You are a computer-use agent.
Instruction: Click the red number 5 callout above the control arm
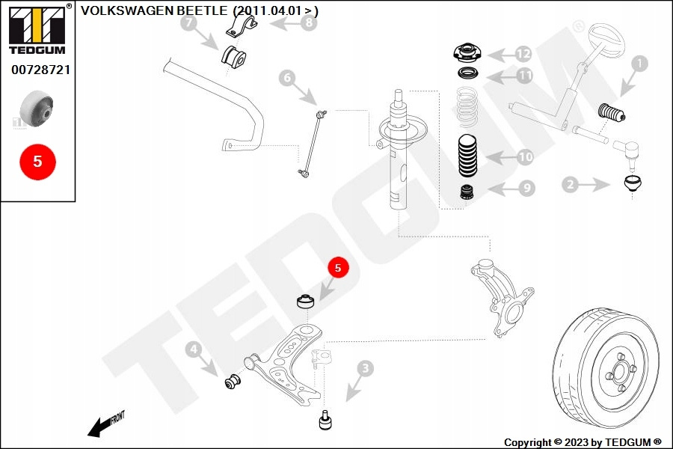(x=337, y=266)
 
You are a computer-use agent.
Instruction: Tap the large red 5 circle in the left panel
(x=38, y=161)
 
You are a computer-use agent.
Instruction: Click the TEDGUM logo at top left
(x=38, y=30)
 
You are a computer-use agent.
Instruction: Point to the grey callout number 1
(x=639, y=64)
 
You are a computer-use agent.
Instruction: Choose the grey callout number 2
(x=570, y=183)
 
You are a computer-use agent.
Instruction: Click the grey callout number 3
(x=364, y=367)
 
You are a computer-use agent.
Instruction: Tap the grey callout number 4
(x=193, y=349)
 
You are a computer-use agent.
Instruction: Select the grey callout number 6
(x=286, y=76)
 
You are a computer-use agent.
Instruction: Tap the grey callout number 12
(x=523, y=53)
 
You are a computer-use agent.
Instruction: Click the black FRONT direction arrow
(x=98, y=427)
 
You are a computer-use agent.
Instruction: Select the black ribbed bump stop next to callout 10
(x=468, y=156)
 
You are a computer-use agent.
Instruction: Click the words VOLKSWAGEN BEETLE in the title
(x=153, y=10)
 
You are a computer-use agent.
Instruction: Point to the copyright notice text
(x=583, y=442)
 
